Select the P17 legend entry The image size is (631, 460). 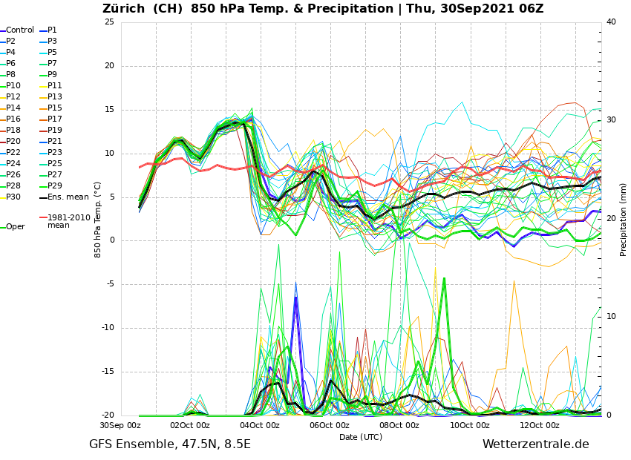pyautogui.click(x=55, y=119)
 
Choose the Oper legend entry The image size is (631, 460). pyautogui.click(x=16, y=227)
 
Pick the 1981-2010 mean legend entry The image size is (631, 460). pyautogui.click(x=68, y=221)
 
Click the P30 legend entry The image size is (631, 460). pyautogui.click(x=13, y=197)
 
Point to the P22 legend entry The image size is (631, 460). pyautogui.click(x=13, y=153)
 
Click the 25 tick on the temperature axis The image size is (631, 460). pyautogui.click(x=109, y=22)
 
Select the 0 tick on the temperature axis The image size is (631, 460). pyautogui.click(x=111, y=240)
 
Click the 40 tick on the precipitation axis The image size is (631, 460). pyautogui.click(x=611, y=22)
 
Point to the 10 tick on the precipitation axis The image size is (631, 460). pyautogui.click(x=611, y=317)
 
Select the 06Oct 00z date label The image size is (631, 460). pyautogui.click(x=330, y=425)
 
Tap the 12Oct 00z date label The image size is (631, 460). pyautogui.click(x=540, y=425)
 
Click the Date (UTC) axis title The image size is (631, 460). pyautogui.click(x=361, y=437)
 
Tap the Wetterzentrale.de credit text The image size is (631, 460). pyautogui.click(x=535, y=444)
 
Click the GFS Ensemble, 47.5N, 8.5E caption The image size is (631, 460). pyautogui.click(x=170, y=444)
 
